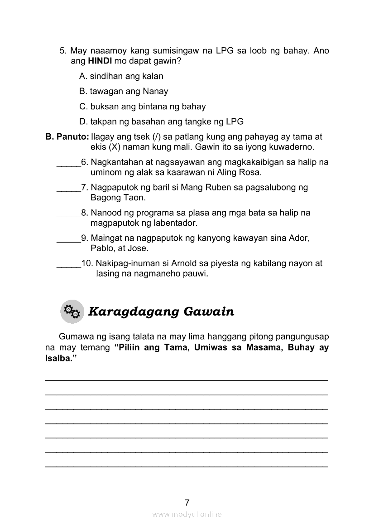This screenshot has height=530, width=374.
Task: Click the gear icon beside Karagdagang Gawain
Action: coord(72,311)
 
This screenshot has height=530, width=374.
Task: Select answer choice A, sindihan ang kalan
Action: coord(121,76)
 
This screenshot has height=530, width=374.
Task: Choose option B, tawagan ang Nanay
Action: coord(124,92)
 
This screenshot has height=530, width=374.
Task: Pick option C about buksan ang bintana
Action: coord(142,107)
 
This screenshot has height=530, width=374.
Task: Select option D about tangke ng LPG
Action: coord(161,122)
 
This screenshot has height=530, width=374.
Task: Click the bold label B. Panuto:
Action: coord(67,137)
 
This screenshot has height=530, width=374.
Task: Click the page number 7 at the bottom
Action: coord(187,502)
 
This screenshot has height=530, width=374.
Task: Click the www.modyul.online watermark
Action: coord(187,515)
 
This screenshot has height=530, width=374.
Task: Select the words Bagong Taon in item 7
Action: coord(118,198)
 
